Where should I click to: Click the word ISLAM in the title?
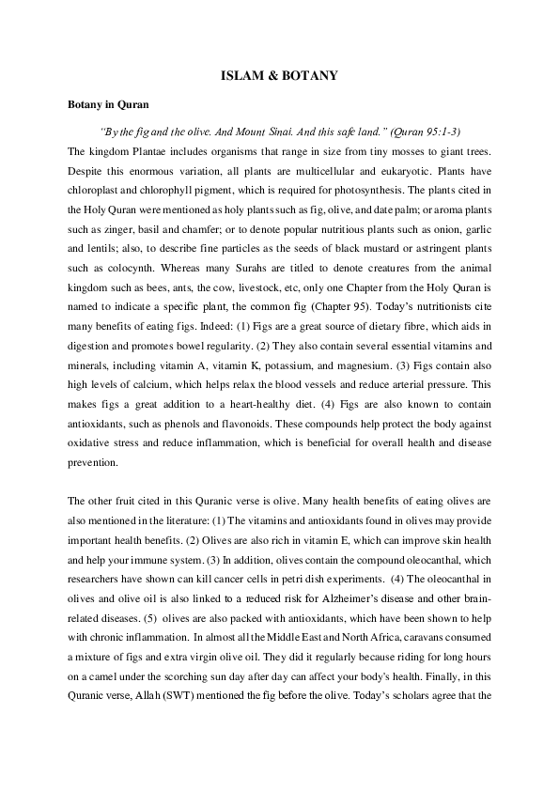(x=240, y=72)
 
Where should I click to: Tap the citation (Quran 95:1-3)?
(x=427, y=131)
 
